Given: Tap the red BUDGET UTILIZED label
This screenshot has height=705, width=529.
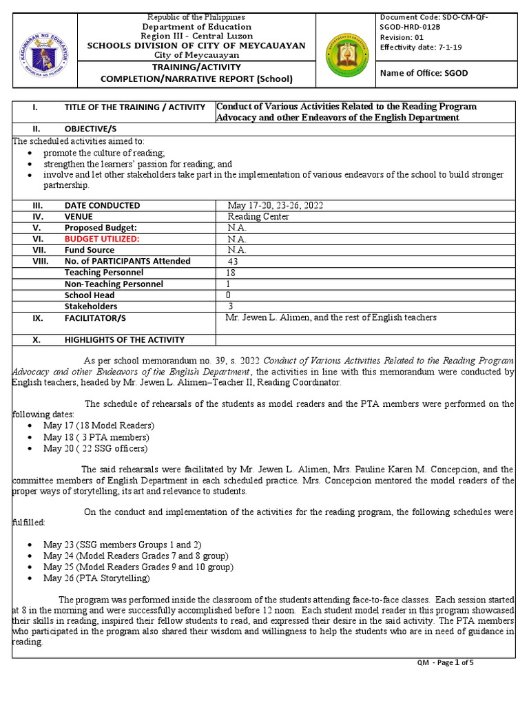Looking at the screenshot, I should point(102,239).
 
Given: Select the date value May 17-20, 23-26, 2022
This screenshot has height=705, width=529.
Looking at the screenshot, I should point(276,205).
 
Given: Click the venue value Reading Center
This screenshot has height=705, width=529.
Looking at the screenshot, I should point(258,216).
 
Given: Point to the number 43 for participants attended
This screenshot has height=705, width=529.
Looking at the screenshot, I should point(234,262).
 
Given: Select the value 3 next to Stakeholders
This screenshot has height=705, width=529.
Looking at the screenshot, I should point(230,306).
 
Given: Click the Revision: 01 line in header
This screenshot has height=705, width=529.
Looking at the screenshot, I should point(403,37).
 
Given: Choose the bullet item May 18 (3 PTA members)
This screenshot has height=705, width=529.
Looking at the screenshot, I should point(96,437).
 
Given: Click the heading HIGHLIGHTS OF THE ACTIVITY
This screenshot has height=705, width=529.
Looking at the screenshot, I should point(124,339).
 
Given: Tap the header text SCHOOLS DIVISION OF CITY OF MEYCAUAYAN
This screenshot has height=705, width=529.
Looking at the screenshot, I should point(196,45).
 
